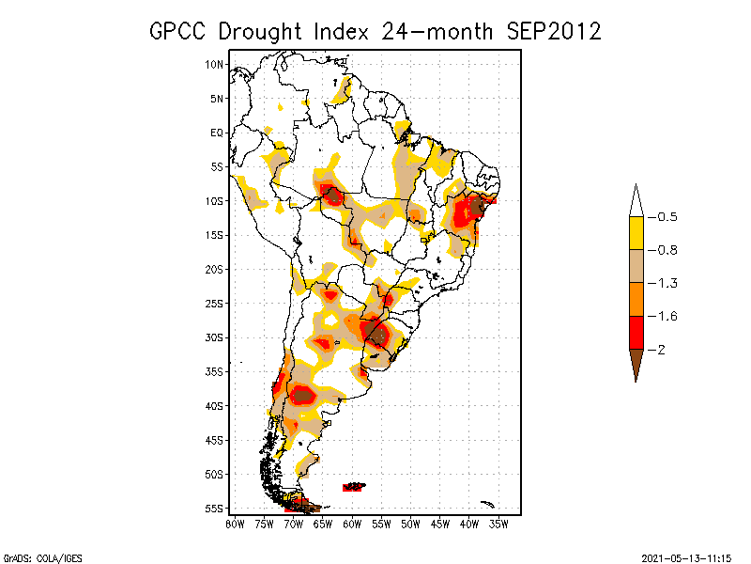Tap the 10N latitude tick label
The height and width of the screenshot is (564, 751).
coord(215,64)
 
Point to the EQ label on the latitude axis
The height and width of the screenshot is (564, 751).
coord(217,133)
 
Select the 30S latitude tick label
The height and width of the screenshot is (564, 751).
coord(215,337)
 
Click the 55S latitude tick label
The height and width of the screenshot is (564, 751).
coord(215,509)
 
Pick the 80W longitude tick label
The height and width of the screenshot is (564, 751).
coord(234,524)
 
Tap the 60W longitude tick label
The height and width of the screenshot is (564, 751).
coord(352,524)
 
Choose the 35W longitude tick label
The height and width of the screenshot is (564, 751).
coord(498,524)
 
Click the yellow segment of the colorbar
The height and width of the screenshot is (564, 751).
coord(636,233)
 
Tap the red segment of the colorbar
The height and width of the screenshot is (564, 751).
coord(636,332)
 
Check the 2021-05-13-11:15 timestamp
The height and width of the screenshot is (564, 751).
coord(686,556)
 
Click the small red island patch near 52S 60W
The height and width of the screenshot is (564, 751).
coord(354,486)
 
